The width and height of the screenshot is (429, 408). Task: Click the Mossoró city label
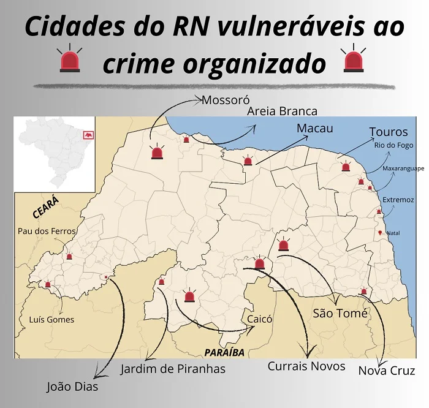tap(226, 100)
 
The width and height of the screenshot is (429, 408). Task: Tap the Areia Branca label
tap(282, 111)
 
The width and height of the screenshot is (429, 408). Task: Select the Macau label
tap(314, 128)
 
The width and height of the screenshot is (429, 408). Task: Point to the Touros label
tap(389, 132)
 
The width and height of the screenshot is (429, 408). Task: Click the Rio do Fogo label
tap(393, 145)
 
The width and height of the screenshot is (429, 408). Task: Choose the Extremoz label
tap(398, 200)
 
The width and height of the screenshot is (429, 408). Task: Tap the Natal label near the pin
tap(393, 233)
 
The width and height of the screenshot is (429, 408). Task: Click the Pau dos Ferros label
tap(47, 231)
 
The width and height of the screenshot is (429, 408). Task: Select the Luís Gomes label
tap(51, 319)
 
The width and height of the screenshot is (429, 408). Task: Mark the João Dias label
tap(72, 387)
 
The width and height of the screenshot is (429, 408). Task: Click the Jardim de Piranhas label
tap(173, 368)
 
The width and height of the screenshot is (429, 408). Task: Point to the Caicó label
tap(259, 319)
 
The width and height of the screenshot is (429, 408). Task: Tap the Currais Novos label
tap(306, 366)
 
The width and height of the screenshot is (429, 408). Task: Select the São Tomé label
tap(340, 313)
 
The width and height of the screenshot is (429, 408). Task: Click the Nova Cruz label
tap(386, 371)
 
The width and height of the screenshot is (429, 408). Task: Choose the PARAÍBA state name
tap(225, 352)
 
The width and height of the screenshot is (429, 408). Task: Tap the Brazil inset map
tap(55, 153)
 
